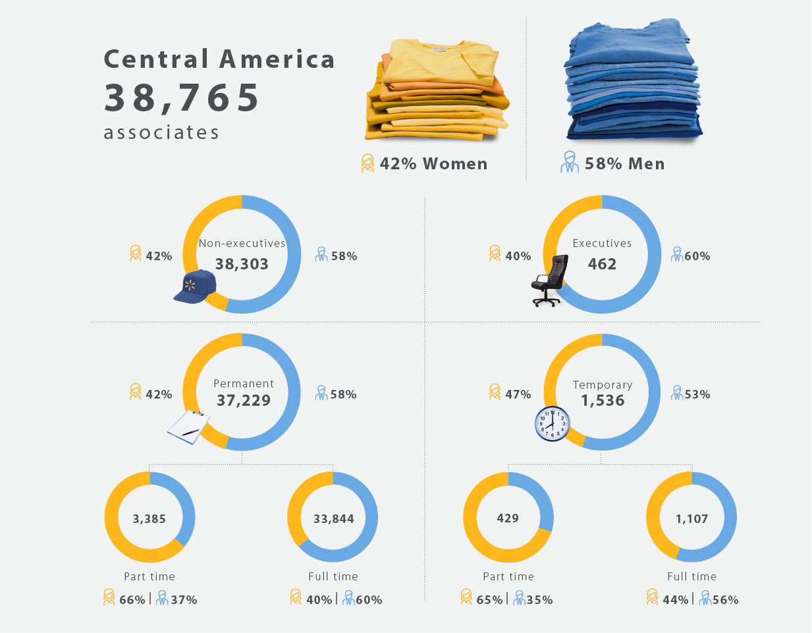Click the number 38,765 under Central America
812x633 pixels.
pyautogui.click(x=182, y=97)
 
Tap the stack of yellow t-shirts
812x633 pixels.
pyautogui.click(x=437, y=89)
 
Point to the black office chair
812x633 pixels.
pyautogui.click(x=551, y=280)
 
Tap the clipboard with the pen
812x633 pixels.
pyautogui.click(x=188, y=427)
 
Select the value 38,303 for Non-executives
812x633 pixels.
pyautogui.click(x=242, y=264)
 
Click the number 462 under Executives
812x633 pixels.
pyautogui.click(x=602, y=264)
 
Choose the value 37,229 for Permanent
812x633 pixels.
pyautogui.click(x=244, y=400)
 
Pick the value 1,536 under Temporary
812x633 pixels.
pyautogui.click(x=603, y=400)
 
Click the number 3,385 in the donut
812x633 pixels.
pyautogui.click(x=149, y=519)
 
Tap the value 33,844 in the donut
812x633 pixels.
pyautogui.click(x=333, y=519)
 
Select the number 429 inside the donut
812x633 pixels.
pyautogui.click(x=508, y=518)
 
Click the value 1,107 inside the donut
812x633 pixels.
pyautogui.click(x=691, y=519)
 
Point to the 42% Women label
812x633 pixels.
pyautogui.click(x=433, y=164)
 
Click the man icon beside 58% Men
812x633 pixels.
pyautogui.click(x=570, y=162)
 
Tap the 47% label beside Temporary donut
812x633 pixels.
pyautogui.click(x=518, y=395)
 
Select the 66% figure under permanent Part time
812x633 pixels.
pyautogui.click(x=132, y=600)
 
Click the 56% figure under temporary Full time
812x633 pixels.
pyautogui.click(x=725, y=600)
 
